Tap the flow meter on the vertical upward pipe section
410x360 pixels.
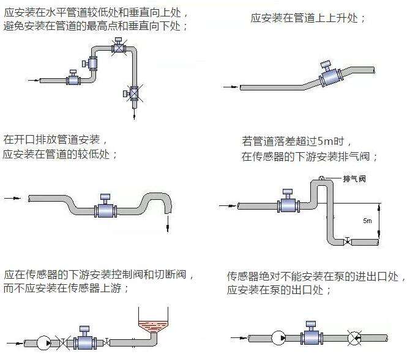(x=94, y=62)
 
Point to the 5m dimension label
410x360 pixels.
(x=367, y=219)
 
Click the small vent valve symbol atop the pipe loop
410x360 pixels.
(x=321, y=178)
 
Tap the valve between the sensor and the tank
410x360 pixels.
(x=108, y=341)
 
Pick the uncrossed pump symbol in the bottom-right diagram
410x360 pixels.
(x=278, y=337)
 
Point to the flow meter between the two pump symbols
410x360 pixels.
(x=311, y=336)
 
